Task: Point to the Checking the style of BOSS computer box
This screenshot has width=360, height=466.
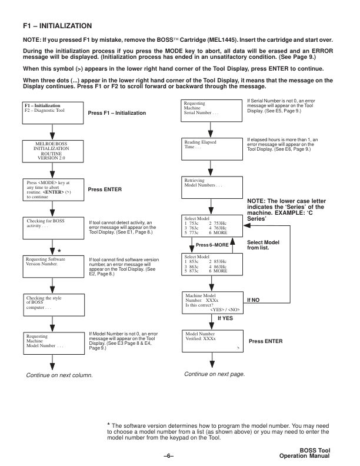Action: (54, 302)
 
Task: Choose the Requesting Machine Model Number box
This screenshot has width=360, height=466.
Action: (54, 341)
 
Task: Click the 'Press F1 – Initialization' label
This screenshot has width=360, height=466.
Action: (116, 112)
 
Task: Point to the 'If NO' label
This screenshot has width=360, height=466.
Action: (254, 299)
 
